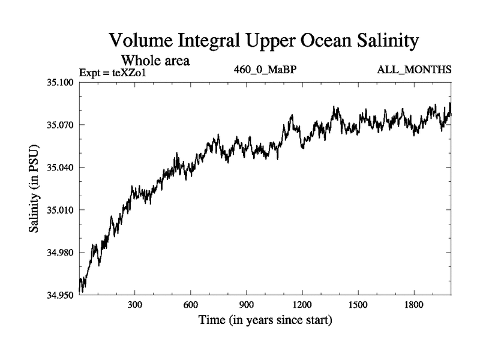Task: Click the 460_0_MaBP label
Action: pyautogui.click(x=265, y=70)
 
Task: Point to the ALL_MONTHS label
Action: pyautogui.click(x=414, y=70)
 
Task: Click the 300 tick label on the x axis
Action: pyautogui.click(x=135, y=305)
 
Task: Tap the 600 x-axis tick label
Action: pyautogui.click(x=191, y=305)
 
